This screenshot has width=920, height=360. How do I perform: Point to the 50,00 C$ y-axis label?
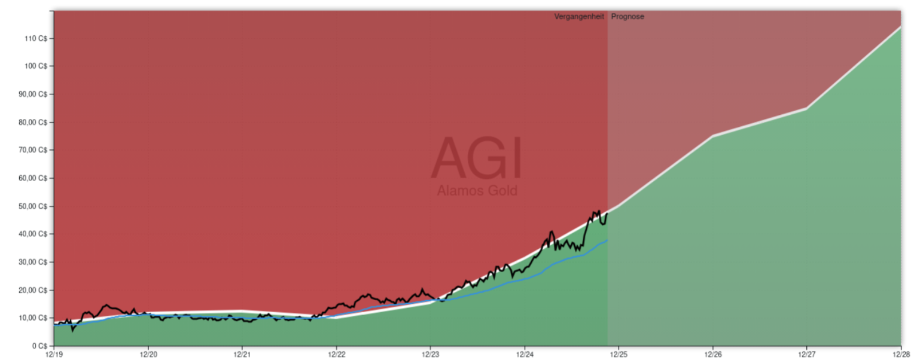[36, 206]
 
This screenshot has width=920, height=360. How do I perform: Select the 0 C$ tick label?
[41, 346]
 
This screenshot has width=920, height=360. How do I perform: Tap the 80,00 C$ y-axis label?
[36, 122]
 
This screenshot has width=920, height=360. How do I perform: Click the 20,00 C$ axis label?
[36, 290]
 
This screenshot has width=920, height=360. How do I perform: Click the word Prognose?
[627, 17]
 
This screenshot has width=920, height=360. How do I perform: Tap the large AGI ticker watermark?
[476, 158]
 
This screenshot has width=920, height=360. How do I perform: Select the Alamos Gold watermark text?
[477, 191]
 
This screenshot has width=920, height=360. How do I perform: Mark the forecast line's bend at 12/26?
[712, 136]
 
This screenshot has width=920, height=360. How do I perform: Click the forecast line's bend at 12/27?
[806, 108]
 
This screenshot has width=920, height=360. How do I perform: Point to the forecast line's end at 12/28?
[900, 27]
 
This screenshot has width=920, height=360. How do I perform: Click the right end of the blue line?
[607, 240]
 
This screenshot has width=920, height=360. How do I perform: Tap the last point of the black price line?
[607, 213]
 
